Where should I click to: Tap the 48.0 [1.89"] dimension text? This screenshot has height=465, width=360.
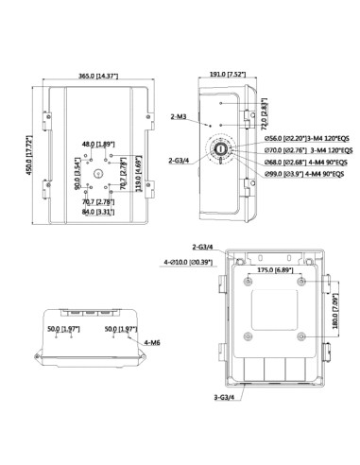pyautogui.click(x=98, y=144)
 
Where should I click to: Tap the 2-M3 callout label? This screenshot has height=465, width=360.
pyautogui.click(x=179, y=117)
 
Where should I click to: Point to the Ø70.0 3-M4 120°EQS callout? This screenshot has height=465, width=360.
pyautogui.click(x=307, y=149)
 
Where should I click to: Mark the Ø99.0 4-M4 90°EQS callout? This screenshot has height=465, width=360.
pyautogui.click(x=307, y=174)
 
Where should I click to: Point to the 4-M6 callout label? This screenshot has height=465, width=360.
pyautogui.click(x=153, y=343)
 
